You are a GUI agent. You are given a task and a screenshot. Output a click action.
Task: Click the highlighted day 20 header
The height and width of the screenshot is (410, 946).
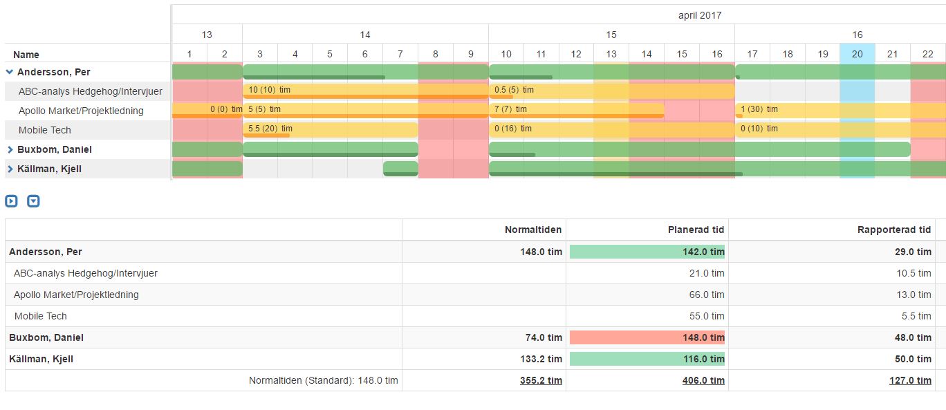pos(857,54)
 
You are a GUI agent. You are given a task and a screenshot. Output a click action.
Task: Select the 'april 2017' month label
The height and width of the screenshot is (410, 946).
pos(700,15)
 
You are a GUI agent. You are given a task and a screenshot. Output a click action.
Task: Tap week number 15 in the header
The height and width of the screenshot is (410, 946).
pos(611,35)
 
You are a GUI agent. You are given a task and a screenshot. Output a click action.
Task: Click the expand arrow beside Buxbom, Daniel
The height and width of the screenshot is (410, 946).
pos(10,149)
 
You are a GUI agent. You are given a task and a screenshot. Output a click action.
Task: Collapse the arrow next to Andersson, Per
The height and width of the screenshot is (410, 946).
pos(10,71)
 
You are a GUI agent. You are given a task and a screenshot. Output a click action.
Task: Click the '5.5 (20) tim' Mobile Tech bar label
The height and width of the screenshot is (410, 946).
pos(270,129)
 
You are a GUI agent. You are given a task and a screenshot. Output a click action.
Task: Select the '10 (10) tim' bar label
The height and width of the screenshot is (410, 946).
pos(269,90)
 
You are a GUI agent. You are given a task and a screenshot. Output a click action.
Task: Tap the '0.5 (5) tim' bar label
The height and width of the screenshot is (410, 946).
pos(514,90)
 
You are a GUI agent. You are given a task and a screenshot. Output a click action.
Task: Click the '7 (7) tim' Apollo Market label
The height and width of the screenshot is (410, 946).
pos(510,109)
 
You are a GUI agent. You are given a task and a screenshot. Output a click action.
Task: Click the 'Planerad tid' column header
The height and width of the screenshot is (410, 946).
pos(696,230)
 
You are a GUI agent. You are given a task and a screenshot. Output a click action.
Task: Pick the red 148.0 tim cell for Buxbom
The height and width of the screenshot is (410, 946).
pos(647,337)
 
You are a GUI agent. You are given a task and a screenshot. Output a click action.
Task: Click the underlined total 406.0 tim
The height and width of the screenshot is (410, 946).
pos(705,380)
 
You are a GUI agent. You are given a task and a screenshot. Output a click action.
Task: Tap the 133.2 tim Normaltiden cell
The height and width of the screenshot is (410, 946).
pos(541,359)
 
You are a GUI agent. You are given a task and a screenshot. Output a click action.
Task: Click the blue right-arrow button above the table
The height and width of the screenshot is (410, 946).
pos(11,201)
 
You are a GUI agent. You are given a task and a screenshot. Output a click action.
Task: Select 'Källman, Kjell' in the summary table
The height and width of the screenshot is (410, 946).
pos(41,359)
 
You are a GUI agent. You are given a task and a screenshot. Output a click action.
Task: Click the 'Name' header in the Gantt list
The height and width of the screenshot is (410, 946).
pos(26,55)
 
